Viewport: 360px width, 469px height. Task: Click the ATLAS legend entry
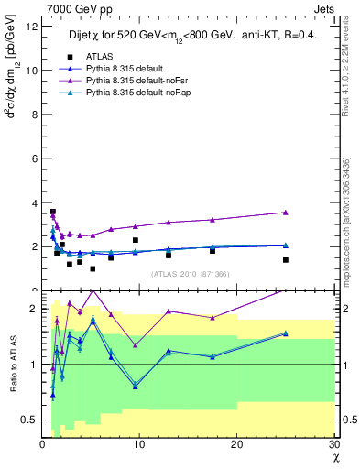point(101,56)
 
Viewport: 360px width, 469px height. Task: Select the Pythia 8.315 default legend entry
point(127,68)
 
